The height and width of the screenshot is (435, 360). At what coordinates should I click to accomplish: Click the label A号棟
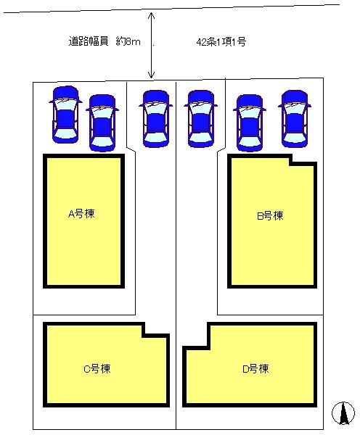click(82, 214)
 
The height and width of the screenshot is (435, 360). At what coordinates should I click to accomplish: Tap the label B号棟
click(270, 215)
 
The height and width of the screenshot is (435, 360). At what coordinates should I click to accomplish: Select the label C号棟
click(97, 368)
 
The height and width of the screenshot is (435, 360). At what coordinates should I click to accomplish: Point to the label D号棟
click(255, 368)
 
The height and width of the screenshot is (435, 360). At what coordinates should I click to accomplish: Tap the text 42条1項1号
click(221, 42)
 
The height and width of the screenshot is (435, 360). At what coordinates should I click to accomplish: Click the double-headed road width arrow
click(151, 45)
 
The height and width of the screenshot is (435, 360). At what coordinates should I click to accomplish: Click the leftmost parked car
click(65, 113)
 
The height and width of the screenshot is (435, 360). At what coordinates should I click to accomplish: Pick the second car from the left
click(102, 122)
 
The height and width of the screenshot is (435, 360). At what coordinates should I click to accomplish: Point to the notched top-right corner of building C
click(143, 335)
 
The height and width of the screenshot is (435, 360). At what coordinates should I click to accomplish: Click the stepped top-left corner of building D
click(209, 349)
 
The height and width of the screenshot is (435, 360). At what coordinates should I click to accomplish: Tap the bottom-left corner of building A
click(46, 285)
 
